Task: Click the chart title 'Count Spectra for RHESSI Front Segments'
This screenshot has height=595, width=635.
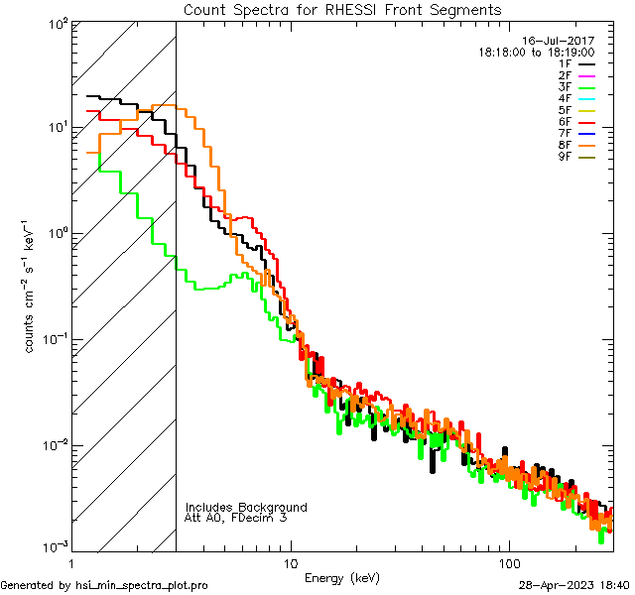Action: click(x=342, y=10)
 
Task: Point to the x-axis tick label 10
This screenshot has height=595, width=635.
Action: click(x=291, y=561)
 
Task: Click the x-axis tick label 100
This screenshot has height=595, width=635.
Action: click(x=508, y=561)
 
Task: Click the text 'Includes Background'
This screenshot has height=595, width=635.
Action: click(x=246, y=507)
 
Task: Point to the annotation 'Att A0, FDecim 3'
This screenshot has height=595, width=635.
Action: click(x=236, y=518)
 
